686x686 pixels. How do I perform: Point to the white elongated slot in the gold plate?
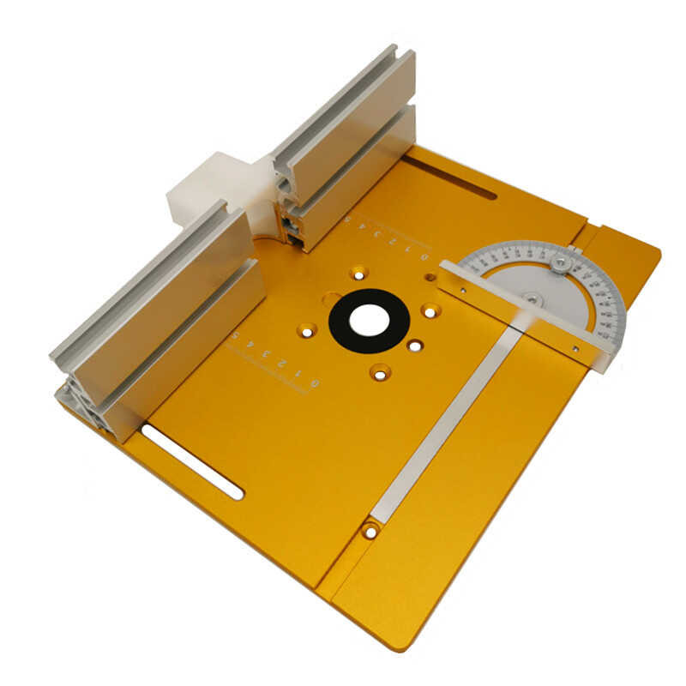192,460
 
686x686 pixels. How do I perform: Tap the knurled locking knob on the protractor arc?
561,261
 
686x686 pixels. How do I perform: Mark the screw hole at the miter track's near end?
370,531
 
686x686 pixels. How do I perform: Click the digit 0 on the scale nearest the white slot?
314,382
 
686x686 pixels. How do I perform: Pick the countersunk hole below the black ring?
379,372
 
